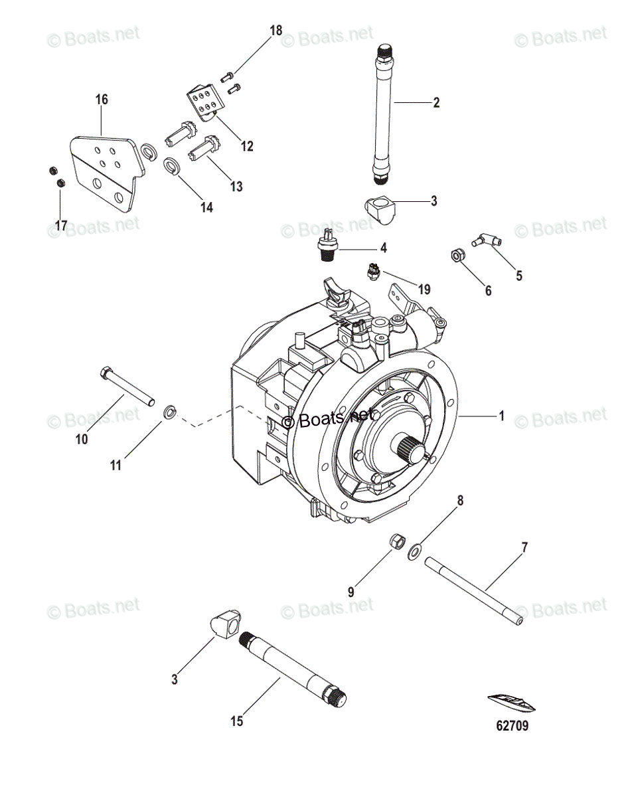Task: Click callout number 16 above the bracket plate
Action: [102, 100]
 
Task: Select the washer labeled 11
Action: [170, 413]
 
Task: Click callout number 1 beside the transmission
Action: [502, 416]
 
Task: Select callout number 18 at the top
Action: [276, 30]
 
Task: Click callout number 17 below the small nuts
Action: [61, 226]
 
